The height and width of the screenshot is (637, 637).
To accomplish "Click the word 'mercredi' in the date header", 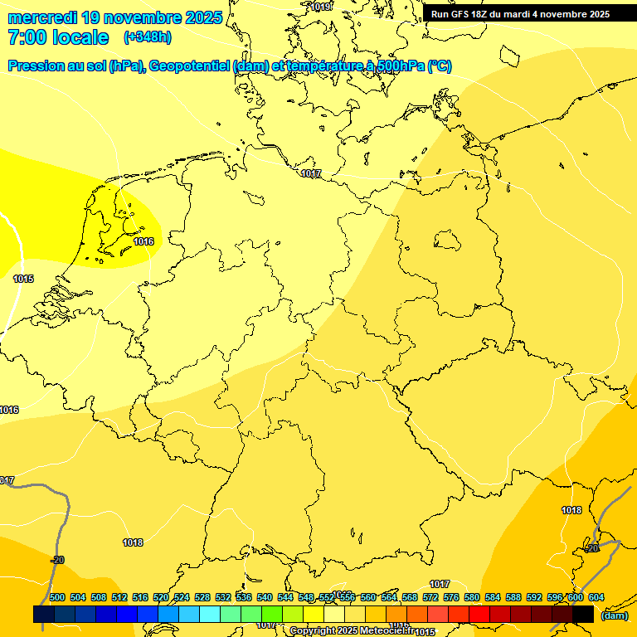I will (41, 17).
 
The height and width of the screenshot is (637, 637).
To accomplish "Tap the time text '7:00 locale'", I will (58, 37).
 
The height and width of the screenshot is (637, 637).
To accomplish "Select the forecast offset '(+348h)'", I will (148, 37).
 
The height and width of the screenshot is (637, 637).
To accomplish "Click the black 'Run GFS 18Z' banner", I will (520, 13).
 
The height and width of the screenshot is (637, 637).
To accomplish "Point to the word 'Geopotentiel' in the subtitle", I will (190, 66).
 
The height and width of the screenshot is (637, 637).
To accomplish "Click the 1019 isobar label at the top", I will (319, 7).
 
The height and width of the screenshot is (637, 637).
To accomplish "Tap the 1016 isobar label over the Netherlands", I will (143, 241).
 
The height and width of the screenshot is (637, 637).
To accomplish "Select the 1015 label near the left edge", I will (23, 279).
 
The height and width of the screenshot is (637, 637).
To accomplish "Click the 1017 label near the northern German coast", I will (311, 173).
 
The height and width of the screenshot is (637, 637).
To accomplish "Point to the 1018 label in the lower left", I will (133, 542).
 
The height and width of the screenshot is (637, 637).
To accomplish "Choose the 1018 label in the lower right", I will (571, 510).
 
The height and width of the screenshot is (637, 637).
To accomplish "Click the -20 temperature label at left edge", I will (57, 561).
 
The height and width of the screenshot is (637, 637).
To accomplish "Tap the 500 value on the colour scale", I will (57, 597).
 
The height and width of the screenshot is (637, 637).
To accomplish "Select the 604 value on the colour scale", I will (596, 597).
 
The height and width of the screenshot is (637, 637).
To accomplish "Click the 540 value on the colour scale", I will (264, 597).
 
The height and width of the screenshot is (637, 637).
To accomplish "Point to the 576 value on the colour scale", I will (451, 597).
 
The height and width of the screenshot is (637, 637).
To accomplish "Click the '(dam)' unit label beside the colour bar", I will (614, 615).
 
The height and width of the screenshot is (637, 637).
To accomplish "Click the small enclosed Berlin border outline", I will (448, 241).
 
